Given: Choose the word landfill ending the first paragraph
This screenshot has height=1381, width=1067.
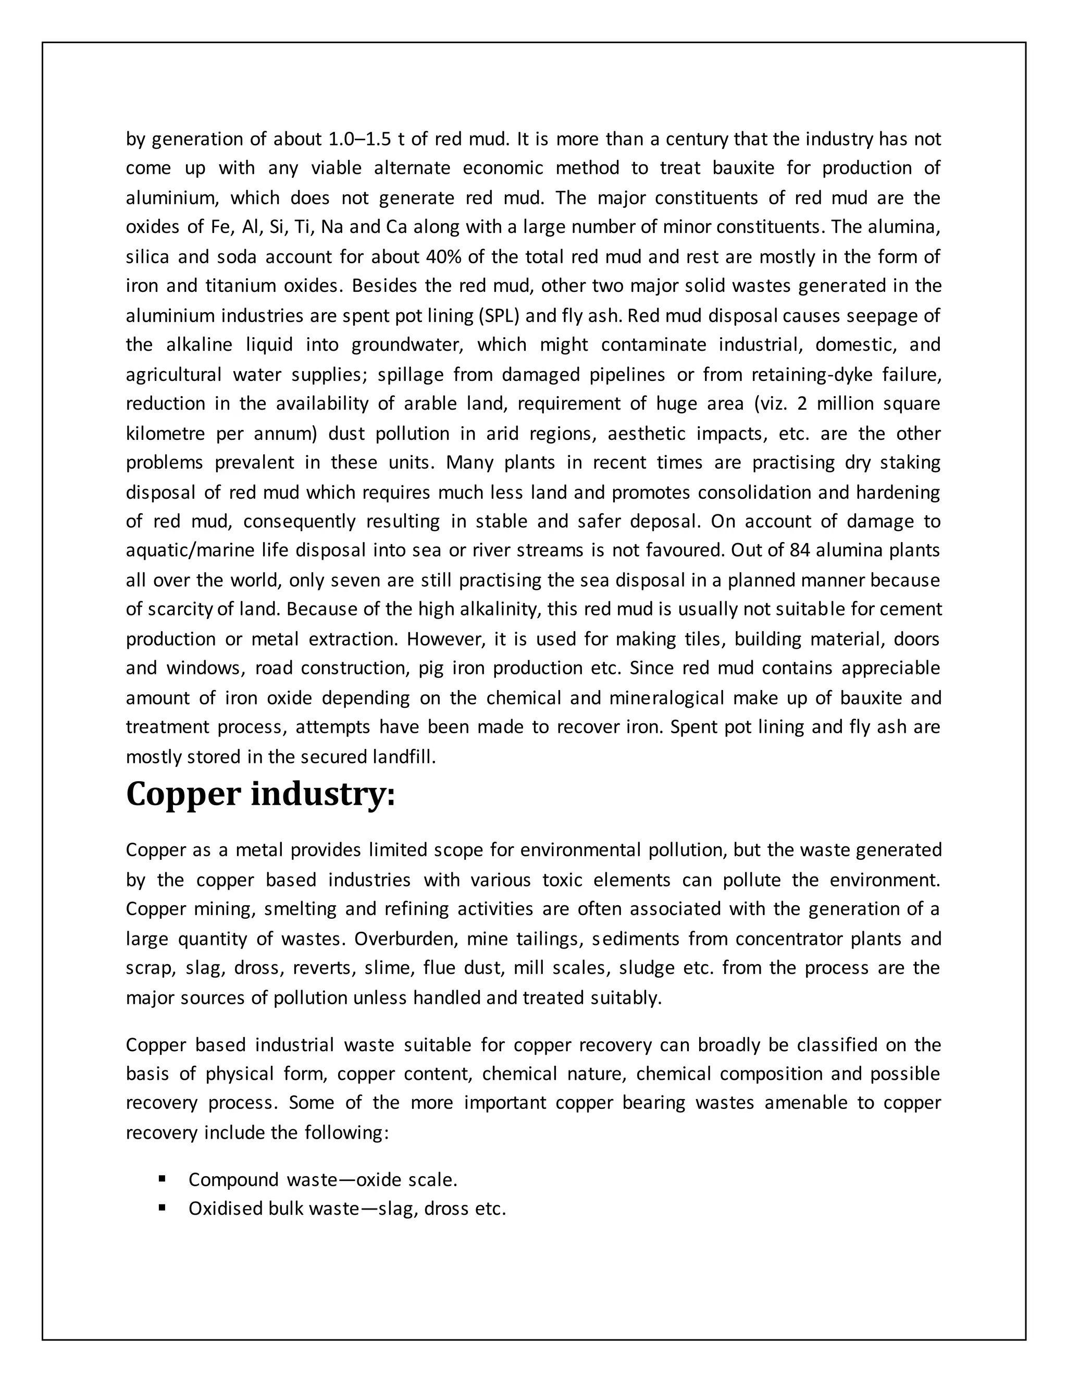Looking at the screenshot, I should [x=403, y=757].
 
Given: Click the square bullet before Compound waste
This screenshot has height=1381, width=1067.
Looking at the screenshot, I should [x=163, y=1179].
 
